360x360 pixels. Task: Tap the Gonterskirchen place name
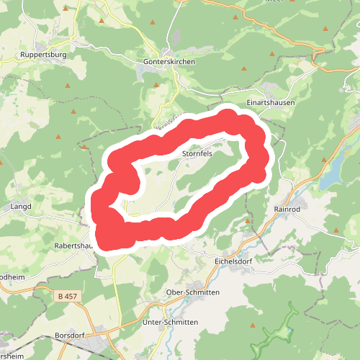pos(170,62)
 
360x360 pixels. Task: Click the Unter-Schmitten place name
pos(170,322)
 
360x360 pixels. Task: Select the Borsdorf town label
pos(71,336)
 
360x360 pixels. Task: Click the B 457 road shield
pos(68,296)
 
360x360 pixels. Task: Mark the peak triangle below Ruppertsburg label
pos(68,86)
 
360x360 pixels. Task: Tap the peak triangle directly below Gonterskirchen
pos(156,85)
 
